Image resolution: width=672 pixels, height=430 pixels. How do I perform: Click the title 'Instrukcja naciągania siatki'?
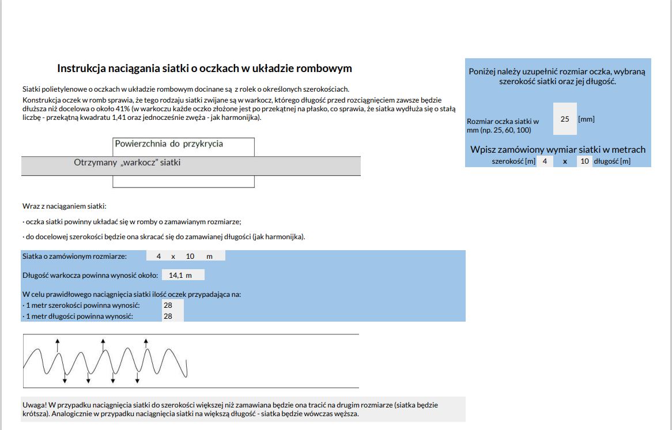204,69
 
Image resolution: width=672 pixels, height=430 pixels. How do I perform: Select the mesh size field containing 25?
565,119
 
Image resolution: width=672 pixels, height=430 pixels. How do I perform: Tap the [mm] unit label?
586,119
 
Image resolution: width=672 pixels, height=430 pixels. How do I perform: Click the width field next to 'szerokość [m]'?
545,161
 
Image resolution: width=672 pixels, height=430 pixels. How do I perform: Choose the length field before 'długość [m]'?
584,161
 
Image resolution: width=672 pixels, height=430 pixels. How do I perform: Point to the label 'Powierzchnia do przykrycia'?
169,144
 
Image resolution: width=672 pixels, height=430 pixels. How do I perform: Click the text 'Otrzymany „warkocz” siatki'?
127,163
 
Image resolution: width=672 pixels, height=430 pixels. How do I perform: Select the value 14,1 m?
180,275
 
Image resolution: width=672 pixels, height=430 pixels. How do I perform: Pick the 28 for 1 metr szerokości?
168,305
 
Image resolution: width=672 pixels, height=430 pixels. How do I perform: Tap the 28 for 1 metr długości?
168,316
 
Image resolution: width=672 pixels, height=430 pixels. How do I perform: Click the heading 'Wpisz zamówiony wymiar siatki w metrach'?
558,149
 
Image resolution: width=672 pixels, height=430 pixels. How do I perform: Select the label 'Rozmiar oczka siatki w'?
503,122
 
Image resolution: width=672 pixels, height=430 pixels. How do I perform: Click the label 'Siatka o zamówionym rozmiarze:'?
74,256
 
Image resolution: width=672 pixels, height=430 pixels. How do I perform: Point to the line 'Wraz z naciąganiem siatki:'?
65,206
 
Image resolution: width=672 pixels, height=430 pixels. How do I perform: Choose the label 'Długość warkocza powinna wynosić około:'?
90,275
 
